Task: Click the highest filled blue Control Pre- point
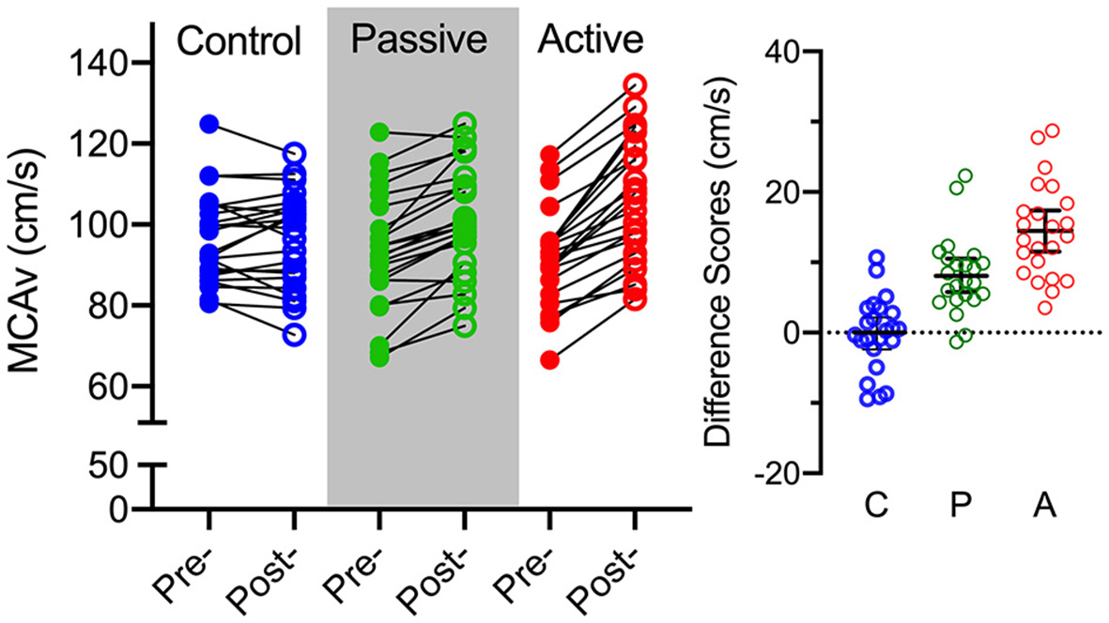click(x=209, y=124)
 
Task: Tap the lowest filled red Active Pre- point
click(x=549, y=359)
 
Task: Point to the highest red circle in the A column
click(x=1053, y=130)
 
